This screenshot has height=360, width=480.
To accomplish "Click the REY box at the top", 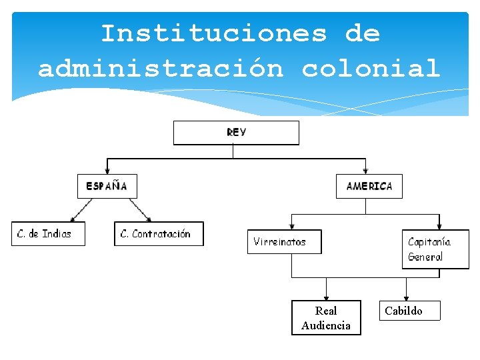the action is point(236,133).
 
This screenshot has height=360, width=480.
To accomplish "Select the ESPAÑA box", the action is point(107,186).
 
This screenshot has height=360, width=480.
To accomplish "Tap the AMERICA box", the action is point(369,186).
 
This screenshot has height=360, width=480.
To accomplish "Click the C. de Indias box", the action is point(48,234).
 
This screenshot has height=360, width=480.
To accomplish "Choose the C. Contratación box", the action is point(159,234).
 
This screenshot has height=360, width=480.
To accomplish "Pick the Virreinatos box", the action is point(285,241).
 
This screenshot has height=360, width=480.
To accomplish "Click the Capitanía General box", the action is point(435,249).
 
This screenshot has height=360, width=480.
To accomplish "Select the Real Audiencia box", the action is point(326,318).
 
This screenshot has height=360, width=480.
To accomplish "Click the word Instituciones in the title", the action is point(213,33).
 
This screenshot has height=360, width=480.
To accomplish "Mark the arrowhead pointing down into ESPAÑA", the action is point(107,171).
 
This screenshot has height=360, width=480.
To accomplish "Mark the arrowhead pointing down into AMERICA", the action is point(365,171).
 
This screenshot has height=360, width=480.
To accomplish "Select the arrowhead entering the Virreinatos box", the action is point(291,226).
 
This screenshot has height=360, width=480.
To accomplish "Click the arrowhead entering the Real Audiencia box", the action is point(326,297).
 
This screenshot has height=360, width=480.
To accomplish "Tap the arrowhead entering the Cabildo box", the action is point(406,297).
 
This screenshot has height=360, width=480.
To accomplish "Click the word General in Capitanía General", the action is point(425,257).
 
